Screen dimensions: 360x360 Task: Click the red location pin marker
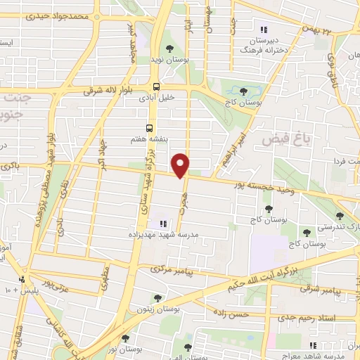coord(181,165)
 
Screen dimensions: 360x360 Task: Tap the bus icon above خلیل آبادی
coord(156,86)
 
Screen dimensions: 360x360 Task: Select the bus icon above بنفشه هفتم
coord(149,128)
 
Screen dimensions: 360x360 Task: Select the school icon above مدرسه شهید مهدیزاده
coord(153,224)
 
